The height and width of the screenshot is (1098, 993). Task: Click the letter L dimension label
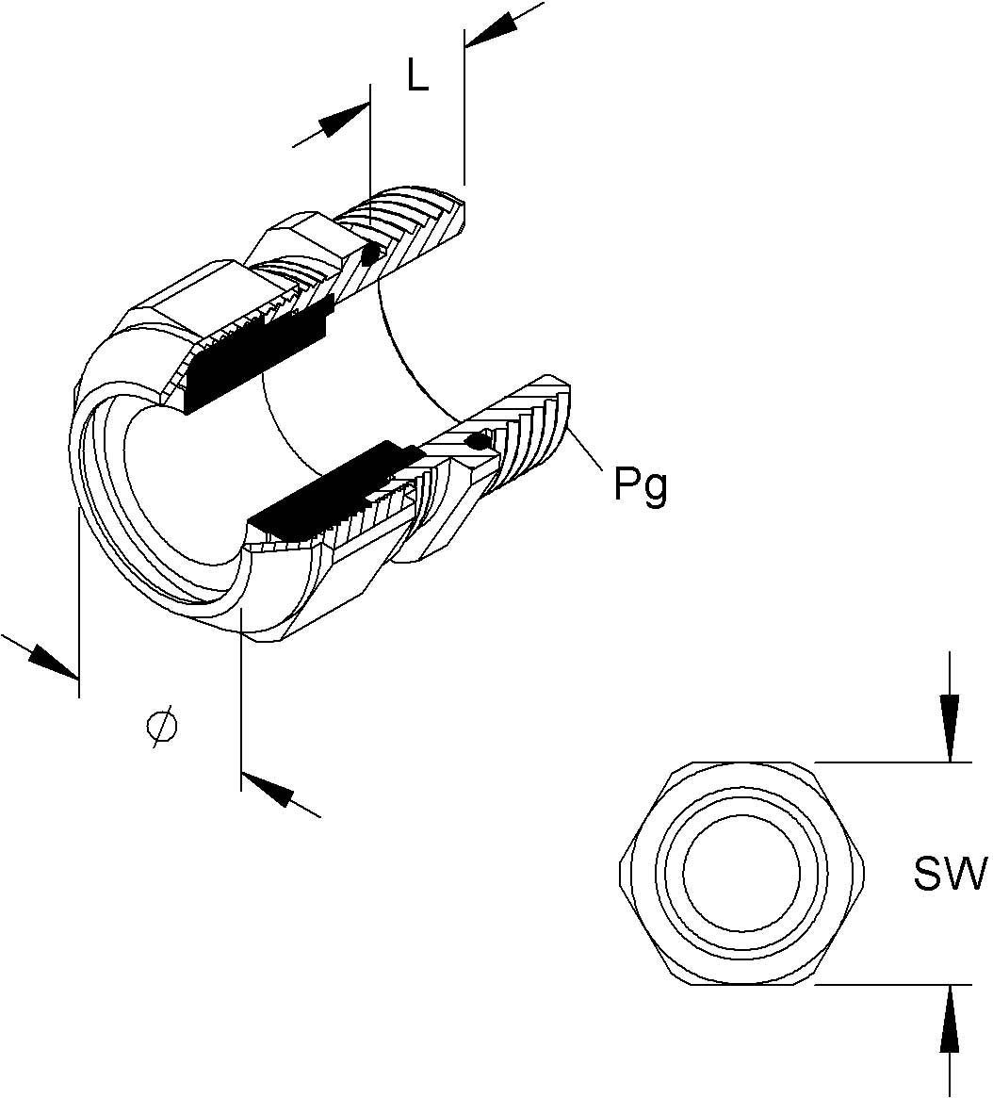click(417, 75)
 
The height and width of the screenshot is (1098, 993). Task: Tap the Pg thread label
click(641, 486)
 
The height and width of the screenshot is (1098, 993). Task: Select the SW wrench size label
click(949, 874)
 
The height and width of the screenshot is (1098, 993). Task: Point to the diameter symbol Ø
click(162, 728)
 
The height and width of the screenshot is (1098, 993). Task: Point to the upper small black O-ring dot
click(371, 254)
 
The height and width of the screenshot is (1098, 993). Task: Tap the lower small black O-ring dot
click(479, 440)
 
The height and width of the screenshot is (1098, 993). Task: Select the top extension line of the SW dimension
click(881, 761)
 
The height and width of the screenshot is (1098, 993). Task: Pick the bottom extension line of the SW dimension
click(881, 985)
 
